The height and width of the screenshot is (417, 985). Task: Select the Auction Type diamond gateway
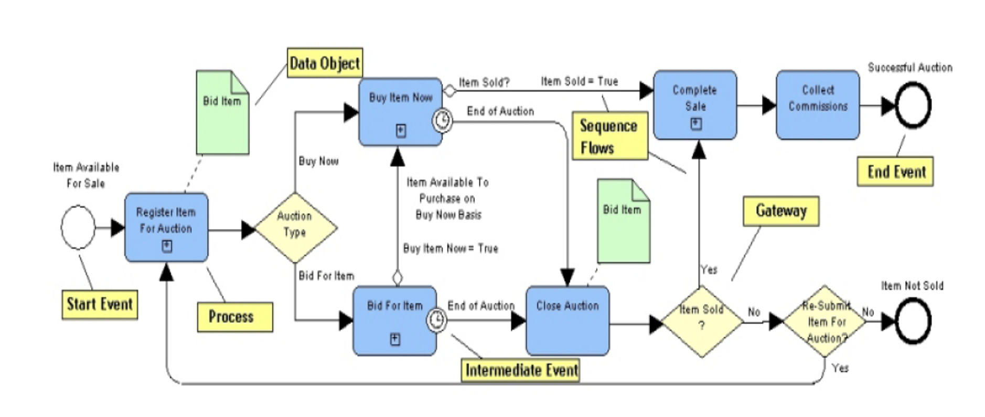click(295, 227)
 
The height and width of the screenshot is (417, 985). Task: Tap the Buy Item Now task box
click(400, 111)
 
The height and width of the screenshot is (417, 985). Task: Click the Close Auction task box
click(567, 320)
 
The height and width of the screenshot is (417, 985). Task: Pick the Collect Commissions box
click(817, 105)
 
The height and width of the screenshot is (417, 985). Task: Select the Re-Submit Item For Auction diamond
click(825, 321)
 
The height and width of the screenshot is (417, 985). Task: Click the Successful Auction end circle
click(913, 106)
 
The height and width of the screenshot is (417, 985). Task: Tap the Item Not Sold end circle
click(913, 321)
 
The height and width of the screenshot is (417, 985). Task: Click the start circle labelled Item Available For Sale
click(78, 227)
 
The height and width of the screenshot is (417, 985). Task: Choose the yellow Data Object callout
click(325, 63)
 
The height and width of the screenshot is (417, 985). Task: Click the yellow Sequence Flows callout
click(609, 136)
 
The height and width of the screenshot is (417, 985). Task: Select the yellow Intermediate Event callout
click(521, 370)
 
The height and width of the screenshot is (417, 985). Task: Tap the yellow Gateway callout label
click(780, 211)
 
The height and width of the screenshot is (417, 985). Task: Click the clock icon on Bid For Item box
click(436, 319)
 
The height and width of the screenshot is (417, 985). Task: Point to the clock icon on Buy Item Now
click(442, 121)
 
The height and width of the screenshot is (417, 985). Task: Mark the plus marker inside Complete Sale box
click(695, 124)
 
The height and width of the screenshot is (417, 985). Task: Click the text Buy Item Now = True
click(450, 248)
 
